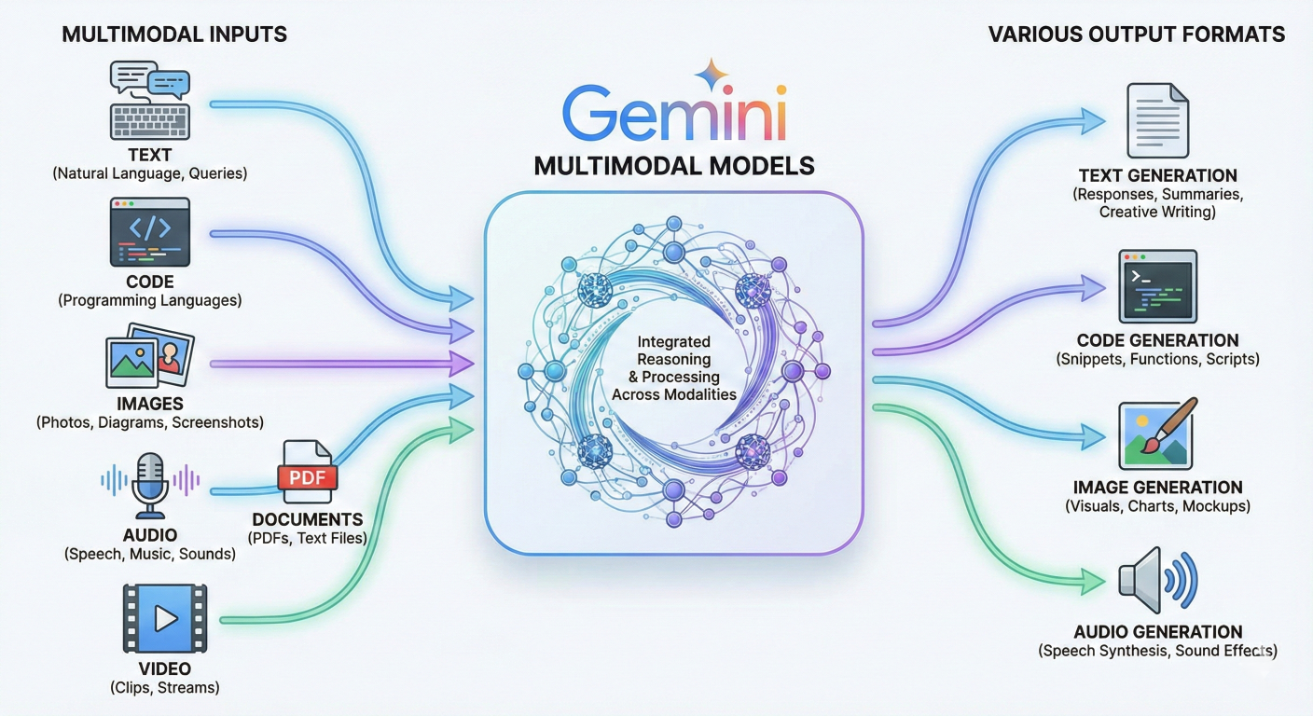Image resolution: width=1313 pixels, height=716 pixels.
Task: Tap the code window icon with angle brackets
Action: tap(149, 231)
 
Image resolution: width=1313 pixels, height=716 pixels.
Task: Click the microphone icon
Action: tap(149, 483)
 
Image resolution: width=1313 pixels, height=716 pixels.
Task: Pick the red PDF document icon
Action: tap(306, 474)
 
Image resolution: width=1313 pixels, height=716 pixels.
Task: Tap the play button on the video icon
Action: tap(166, 618)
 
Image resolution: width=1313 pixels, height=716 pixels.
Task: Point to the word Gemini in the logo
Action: tap(673, 115)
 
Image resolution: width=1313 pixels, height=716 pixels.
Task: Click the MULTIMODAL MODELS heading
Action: tap(673, 166)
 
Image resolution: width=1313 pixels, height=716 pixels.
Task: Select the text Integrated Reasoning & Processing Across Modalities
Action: tap(673, 368)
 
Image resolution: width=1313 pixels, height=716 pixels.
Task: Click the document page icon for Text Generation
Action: tap(1157, 120)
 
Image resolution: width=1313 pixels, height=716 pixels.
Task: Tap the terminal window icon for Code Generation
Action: tap(1157, 284)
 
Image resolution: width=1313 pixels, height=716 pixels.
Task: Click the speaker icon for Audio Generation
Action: tap(1156, 579)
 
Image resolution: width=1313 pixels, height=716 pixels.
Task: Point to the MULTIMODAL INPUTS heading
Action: tap(174, 35)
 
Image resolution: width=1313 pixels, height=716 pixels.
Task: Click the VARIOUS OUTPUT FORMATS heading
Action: tap(1136, 35)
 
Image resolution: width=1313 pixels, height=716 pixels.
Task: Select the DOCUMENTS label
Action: tap(307, 519)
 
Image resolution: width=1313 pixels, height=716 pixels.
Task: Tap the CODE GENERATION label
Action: tap(1157, 340)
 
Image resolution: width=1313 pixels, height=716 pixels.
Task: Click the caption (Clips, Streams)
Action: tap(164, 688)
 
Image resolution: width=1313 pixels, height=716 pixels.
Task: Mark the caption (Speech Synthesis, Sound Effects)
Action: tap(1157, 651)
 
